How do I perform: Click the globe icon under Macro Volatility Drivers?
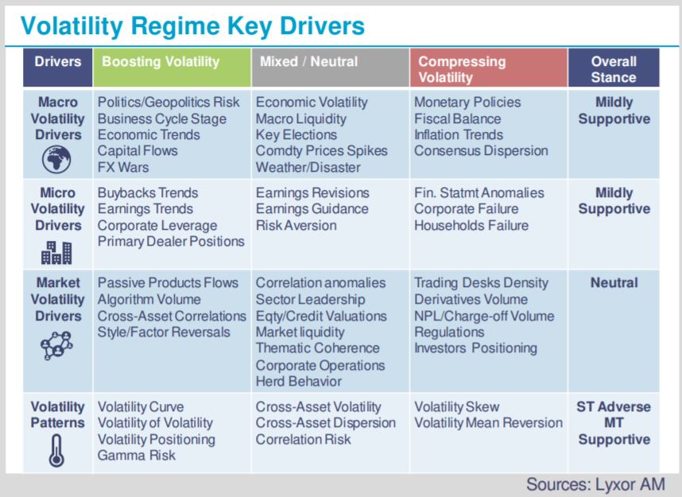(56, 159)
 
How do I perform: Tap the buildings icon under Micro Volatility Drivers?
(56, 253)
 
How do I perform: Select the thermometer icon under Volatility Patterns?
(56, 451)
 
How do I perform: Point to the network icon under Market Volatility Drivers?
(56, 346)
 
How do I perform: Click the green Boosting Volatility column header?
(172, 68)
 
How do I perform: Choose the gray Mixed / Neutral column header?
(330, 68)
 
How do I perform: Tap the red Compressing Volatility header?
(488, 68)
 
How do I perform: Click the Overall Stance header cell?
(614, 68)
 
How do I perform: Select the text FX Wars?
(123, 167)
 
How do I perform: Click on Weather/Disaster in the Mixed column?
(308, 167)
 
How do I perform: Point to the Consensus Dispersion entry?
(481, 151)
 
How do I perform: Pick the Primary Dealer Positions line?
(171, 242)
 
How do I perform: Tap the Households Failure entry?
(471, 225)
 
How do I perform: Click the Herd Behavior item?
(299, 382)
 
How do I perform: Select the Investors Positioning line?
(476, 348)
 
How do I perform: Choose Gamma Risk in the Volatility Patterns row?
(137, 456)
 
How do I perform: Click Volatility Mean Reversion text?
(488, 423)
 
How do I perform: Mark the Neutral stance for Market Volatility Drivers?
(614, 283)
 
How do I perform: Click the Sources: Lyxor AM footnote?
(595, 484)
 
